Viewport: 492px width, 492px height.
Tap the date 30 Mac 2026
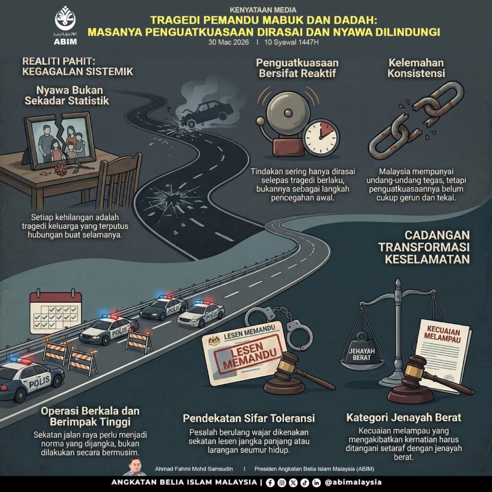(228, 42)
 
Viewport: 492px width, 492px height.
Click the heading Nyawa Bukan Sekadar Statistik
(67, 96)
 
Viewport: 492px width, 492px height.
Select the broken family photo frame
(60, 140)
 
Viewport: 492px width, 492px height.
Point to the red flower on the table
(60, 170)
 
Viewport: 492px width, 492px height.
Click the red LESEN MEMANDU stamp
(248, 354)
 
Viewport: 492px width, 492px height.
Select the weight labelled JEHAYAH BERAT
(362, 353)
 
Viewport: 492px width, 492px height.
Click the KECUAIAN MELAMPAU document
(443, 354)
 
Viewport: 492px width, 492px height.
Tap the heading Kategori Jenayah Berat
(404, 418)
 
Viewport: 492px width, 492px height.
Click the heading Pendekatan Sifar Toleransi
(248, 418)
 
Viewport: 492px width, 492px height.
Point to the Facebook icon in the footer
(270, 482)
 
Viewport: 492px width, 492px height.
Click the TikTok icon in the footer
(305, 482)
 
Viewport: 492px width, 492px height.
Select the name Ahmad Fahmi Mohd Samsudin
(194, 469)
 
